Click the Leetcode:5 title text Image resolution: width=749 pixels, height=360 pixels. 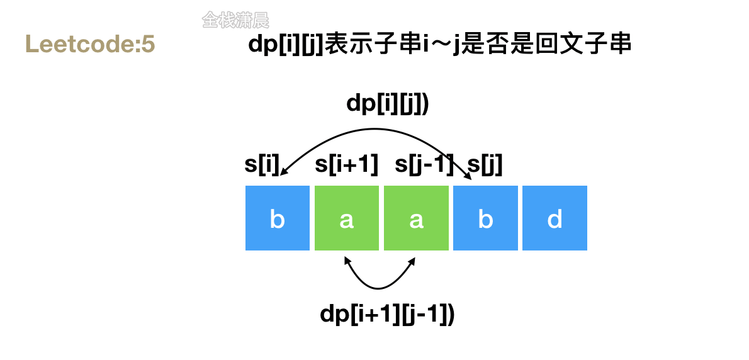[90, 44]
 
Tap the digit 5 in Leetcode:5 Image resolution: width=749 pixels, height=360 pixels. [149, 44]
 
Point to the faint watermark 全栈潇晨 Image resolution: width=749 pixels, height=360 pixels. [235, 20]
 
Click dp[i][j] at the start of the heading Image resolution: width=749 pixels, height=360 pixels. [286, 45]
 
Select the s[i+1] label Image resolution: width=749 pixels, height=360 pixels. [347, 166]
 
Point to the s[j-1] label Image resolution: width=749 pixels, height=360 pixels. [424, 166]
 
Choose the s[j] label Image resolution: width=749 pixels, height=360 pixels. [485, 166]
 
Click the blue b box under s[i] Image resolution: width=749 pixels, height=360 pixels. [278, 218]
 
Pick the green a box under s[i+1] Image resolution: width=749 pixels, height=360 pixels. [347, 218]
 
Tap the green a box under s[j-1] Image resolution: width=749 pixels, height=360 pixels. [416, 218]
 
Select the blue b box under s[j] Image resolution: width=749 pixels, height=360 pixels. [485, 218]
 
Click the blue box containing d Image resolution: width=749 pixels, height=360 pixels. [555, 218]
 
